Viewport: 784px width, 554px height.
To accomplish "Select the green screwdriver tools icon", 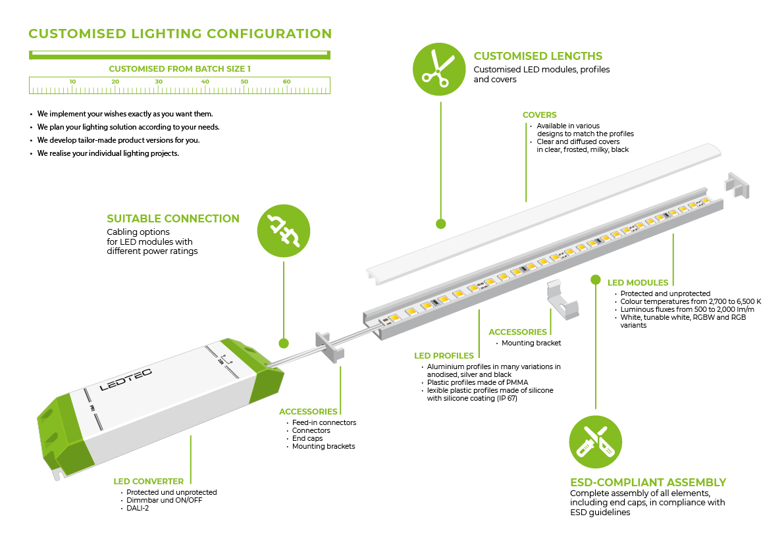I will pos(595,441).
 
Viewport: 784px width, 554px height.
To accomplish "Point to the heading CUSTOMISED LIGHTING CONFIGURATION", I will pos(180,34).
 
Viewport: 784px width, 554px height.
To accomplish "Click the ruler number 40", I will pos(205,82).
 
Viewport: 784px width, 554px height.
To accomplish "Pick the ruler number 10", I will pos(72,82).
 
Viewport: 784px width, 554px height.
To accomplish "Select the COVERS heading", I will pos(540,115).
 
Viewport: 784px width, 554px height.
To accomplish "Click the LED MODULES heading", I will pos(638,283).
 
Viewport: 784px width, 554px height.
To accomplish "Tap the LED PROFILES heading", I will pos(444,356).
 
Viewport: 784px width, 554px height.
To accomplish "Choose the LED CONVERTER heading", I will pos(149,482).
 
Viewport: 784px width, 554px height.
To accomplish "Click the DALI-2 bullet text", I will pos(138,508).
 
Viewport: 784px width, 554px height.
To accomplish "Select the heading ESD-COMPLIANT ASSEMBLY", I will pos(648,482).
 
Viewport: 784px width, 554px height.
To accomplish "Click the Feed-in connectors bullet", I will pos(324,422).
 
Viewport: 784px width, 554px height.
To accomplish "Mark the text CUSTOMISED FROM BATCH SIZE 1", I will pos(180,68).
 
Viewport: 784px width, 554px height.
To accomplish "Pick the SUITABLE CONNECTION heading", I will pos(173,218).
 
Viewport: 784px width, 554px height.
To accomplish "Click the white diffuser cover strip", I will pos(540,211).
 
